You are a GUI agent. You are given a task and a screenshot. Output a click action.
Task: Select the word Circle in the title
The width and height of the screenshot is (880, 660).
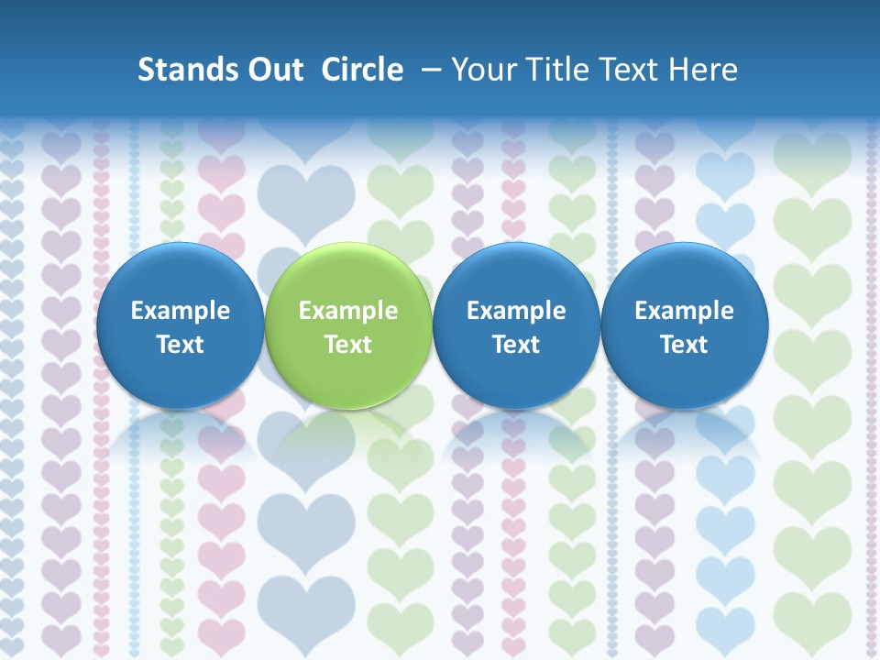[x=362, y=70]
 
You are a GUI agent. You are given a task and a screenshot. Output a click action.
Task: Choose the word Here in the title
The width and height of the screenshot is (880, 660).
[x=704, y=70]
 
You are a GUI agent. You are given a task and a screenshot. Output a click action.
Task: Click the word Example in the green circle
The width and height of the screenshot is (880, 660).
[x=348, y=311]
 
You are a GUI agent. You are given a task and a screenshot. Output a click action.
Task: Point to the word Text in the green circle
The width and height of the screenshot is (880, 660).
[x=348, y=345]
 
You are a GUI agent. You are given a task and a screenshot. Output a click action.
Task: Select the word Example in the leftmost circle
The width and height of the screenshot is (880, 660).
[x=181, y=311]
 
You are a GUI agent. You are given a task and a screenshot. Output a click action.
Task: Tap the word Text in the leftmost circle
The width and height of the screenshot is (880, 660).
[x=181, y=345]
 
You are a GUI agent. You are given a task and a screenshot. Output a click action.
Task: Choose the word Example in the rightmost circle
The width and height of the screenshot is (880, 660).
[x=685, y=311]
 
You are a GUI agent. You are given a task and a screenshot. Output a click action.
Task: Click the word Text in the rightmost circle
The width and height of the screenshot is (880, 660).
[x=685, y=345]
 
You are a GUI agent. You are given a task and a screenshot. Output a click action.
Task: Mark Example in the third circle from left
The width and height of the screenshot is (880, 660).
[x=516, y=311]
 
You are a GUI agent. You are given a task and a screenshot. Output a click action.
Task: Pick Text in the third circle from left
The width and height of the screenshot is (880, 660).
[x=516, y=345]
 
